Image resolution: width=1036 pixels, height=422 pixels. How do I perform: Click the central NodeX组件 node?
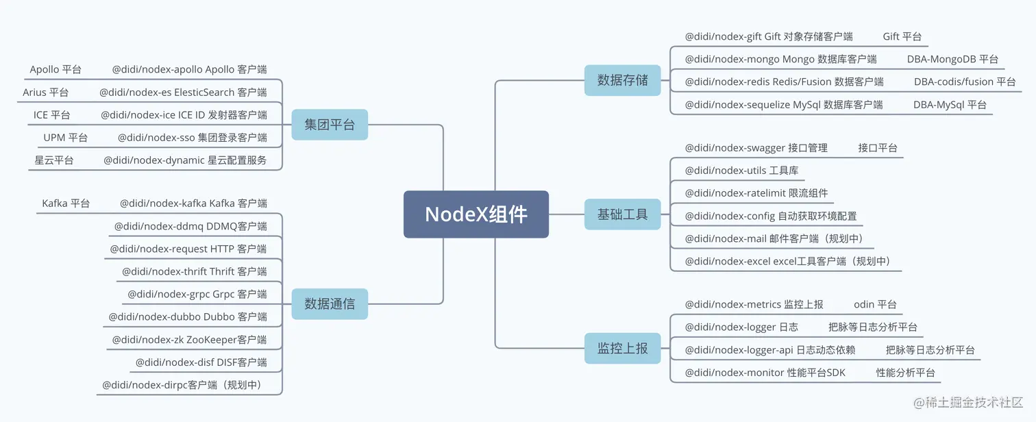coord(476,214)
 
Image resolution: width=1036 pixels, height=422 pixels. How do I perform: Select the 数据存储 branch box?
coord(622,80)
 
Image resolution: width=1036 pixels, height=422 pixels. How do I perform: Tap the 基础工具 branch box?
coord(622,214)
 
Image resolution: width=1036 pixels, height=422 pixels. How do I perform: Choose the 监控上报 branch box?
coord(622,348)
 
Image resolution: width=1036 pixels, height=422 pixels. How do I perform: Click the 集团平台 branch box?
coord(330,125)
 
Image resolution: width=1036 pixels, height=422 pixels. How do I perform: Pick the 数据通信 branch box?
coord(330,303)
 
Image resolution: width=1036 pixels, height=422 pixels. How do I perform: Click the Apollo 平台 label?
coord(56,69)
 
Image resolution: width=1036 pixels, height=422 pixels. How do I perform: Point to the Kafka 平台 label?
coord(66,203)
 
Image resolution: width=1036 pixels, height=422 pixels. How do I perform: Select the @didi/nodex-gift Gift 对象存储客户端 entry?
coord(769,36)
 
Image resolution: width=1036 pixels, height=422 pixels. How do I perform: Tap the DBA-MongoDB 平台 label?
coord(952,59)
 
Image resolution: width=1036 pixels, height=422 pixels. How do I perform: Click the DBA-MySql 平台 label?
coord(950,105)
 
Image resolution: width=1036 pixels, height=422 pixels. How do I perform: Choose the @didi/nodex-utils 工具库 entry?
coord(741,171)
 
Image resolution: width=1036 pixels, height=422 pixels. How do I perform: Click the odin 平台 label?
coord(875,304)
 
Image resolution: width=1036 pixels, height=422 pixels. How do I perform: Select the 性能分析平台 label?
coord(905,373)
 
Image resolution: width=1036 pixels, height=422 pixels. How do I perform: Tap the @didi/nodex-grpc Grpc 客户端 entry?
coord(197,294)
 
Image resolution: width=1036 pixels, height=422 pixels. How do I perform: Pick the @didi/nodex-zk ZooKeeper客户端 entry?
coord(190,339)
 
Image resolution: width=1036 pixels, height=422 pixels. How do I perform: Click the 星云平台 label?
coord(54,160)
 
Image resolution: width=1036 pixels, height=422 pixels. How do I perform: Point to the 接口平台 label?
coord(878,147)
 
